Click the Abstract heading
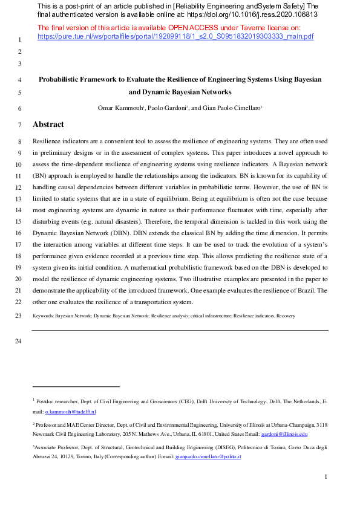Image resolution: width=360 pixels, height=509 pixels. tap(48, 125)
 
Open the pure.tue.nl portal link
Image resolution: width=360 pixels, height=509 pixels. tap(175, 36)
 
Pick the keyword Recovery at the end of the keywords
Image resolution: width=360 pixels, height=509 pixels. tap(286, 316)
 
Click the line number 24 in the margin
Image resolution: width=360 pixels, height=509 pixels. tap(18, 342)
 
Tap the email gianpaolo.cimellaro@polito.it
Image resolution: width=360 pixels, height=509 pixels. tap(208, 457)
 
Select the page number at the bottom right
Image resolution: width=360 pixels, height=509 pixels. tap(326, 477)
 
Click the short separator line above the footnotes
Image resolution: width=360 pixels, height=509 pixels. tap(76, 386)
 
